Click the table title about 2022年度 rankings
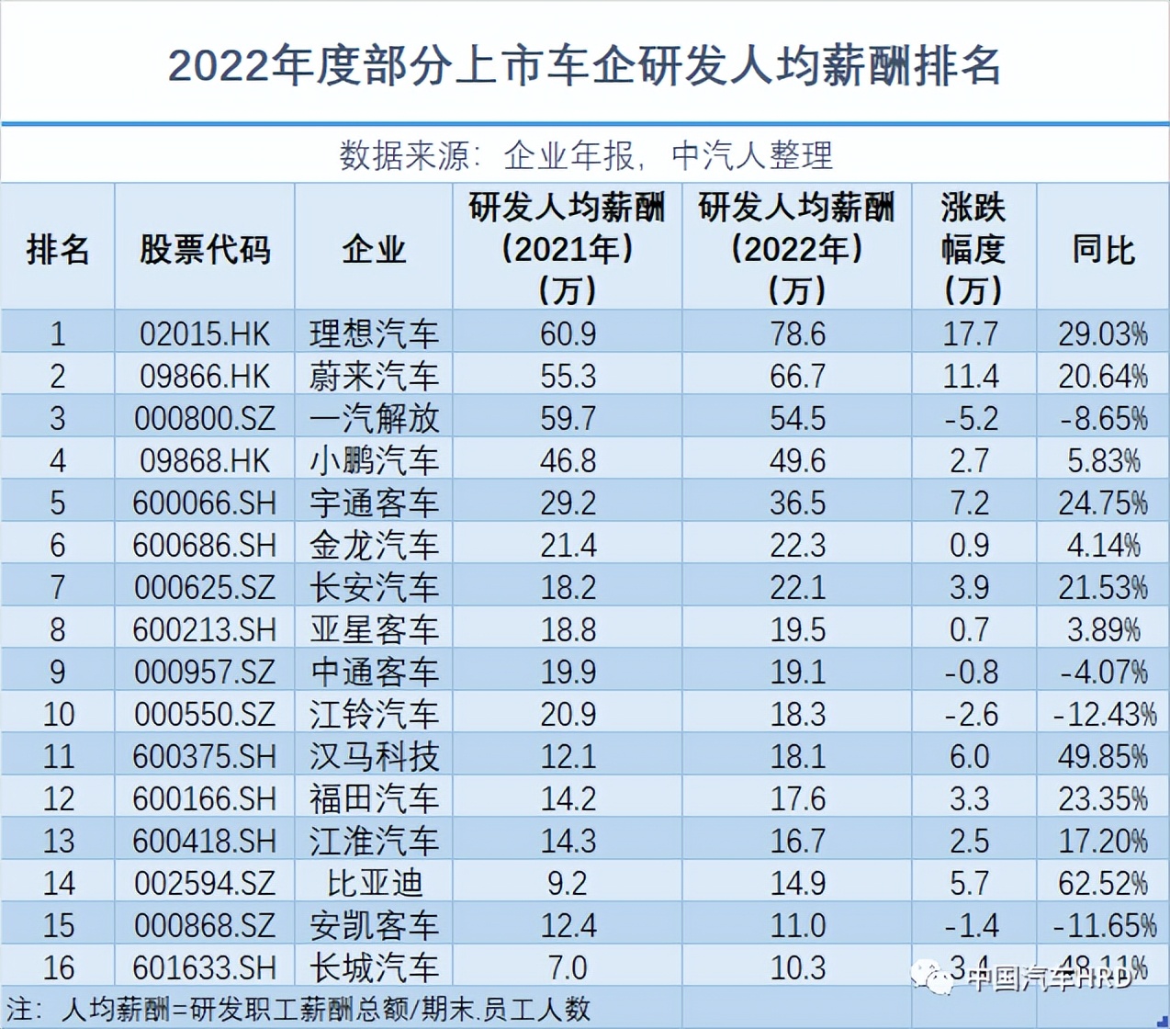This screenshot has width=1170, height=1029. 584,66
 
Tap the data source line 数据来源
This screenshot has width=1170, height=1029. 586,155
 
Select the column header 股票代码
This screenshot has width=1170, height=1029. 205,249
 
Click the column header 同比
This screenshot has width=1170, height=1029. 1103,249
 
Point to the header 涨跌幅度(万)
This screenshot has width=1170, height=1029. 973,249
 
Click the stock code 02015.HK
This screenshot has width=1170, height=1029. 205,334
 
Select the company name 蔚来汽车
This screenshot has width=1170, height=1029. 374,376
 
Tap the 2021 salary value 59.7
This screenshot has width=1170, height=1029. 568,418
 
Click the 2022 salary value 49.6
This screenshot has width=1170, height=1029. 797,460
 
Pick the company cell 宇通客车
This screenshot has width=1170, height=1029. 374,503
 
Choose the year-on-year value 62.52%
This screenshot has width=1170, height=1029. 1103,883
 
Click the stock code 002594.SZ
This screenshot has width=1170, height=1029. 205,883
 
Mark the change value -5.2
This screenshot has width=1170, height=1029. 971,418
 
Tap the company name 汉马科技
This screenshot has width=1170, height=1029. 374,756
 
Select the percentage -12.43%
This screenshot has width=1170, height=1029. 1104,714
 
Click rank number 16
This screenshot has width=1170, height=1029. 58,967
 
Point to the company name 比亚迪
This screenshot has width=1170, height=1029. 374,883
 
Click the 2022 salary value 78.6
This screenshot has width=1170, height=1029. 797,334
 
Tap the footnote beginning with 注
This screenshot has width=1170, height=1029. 298,1009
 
